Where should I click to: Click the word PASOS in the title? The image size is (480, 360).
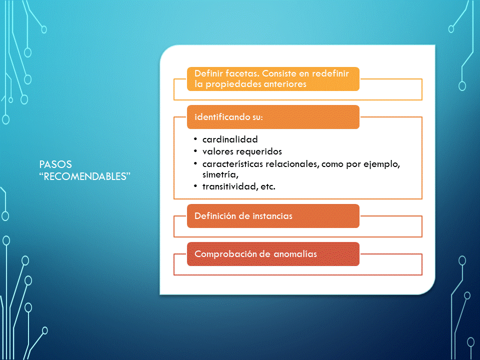pyautogui.click(x=55, y=164)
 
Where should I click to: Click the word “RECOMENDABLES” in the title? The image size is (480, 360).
pyautogui.click(x=85, y=176)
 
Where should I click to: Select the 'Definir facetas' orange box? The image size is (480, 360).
pyautogui.click(x=273, y=79)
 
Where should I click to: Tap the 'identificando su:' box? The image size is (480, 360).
pyautogui.click(x=273, y=117)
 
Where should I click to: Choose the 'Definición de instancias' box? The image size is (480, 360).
pyautogui.click(x=273, y=216)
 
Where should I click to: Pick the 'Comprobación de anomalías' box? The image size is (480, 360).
pyautogui.click(x=273, y=254)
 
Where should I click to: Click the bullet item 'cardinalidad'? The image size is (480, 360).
pyautogui.click(x=230, y=139)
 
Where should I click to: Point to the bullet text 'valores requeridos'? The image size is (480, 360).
pyautogui.click(x=242, y=152)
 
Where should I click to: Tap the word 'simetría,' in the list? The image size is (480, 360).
pyautogui.click(x=220, y=175)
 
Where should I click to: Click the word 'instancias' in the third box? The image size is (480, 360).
pyautogui.click(x=272, y=216)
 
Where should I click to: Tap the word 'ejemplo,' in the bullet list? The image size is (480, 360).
pyautogui.click(x=381, y=164)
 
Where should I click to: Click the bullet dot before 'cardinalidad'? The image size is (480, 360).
pyautogui.click(x=195, y=139)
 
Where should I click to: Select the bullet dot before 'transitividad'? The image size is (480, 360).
pyautogui.click(x=195, y=186)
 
